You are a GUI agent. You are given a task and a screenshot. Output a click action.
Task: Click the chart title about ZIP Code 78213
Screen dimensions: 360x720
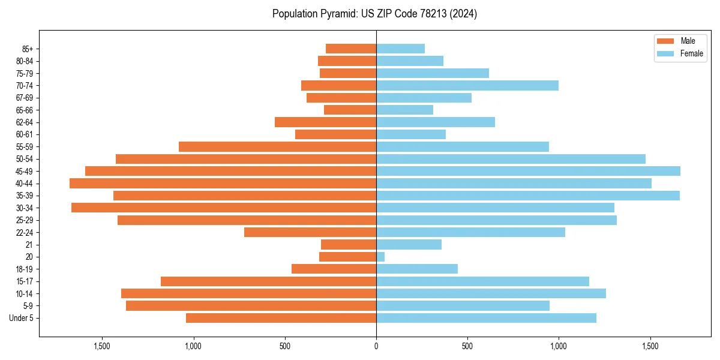(x=374, y=14)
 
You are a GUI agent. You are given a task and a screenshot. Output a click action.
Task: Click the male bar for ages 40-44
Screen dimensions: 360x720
(x=223, y=183)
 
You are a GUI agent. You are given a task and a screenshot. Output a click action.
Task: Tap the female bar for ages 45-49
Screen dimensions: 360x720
(x=528, y=171)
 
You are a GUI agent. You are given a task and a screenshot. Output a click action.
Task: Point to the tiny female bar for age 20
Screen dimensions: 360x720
(x=380, y=257)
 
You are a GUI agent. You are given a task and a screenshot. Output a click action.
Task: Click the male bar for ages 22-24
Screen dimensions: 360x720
(x=310, y=232)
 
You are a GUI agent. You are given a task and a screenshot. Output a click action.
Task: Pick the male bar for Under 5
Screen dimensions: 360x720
(x=281, y=318)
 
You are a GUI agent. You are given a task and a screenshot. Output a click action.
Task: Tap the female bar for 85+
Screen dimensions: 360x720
(x=400, y=49)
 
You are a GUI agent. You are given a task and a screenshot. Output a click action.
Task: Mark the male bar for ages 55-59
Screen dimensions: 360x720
(x=277, y=146)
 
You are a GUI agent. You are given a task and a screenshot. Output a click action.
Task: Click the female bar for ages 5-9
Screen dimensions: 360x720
(x=463, y=305)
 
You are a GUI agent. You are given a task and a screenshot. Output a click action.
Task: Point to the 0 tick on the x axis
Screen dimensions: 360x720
(x=376, y=346)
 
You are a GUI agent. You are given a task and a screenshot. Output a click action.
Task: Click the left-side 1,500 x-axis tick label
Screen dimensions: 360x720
(x=102, y=346)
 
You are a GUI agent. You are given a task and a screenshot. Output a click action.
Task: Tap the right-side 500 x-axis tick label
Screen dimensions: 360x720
(x=467, y=346)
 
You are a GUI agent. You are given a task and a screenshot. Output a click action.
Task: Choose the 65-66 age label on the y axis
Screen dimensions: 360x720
(x=25, y=110)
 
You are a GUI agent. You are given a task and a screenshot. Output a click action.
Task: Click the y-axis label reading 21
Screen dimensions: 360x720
(x=29, y=244)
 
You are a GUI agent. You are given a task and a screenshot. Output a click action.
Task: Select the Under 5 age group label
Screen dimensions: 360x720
(x=22, y=318)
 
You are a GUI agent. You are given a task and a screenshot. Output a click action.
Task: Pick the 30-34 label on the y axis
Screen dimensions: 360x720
(x=25, y=208)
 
